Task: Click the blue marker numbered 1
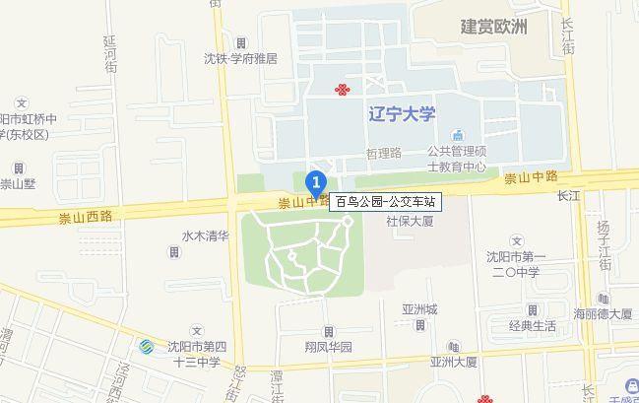point(316,182)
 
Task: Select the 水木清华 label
point(205,236)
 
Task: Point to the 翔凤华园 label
point(326,348)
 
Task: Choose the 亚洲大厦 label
point(453,362)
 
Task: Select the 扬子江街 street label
point(605,246)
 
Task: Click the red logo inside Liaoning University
point(342,91)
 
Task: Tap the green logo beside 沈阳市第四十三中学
point(145,348)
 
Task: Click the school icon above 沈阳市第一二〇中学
point(518,240)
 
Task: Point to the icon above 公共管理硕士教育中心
point(456,135)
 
